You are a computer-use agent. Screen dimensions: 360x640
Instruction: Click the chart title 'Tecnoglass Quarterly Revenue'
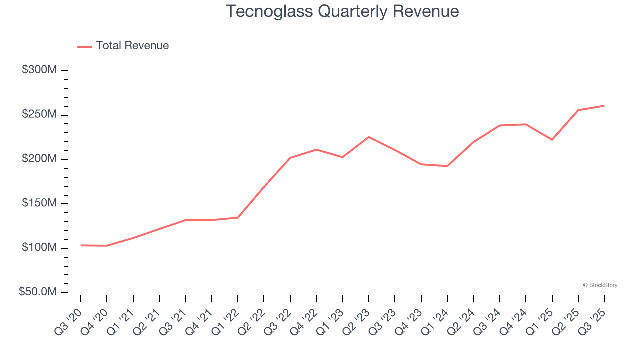pyautogui.click(x=342, y=11)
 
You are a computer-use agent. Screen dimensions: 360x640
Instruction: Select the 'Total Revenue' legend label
pyautogui.click(x=132, y=46)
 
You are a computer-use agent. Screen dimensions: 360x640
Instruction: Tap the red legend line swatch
pyautogui.click(x=85, y=46)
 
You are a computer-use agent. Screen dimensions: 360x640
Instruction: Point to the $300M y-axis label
pyautogui.click(x=39, y=70)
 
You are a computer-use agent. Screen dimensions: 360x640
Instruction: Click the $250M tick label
pyautogui.click(x=39, y=115)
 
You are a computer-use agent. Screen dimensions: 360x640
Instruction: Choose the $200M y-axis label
pyautogui.click(x=39, y=159)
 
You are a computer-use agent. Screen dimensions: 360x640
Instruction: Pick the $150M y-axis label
pyautogui.click(x=39, y=203)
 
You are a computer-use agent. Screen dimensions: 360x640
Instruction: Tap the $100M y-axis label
pyautogui.click(x=39, y=248)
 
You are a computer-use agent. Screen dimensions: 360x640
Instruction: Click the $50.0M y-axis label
pyautogui.click(x=38, y=292)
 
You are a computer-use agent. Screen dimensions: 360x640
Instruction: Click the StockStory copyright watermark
pyautogui.click(x=600, y=285)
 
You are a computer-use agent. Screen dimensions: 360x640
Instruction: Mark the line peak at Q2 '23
pyautogui.click(x=369, y=137)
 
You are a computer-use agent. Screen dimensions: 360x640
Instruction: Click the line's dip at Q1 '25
pyautogui.click(x=552, y=140)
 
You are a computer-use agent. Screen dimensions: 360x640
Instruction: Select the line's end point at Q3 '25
pyautogui.click(x=604, y=106)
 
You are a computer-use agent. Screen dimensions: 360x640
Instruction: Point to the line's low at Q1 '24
pyautogui.click(x=447, y=166)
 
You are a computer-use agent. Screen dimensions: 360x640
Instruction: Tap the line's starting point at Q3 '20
pyautogui.click(x=81, y=245)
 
